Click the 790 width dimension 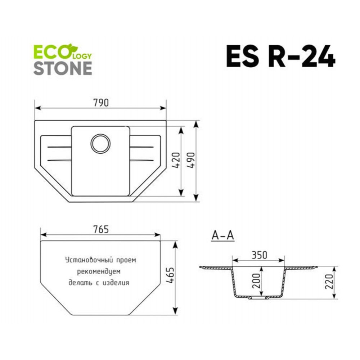[x=101, y=103]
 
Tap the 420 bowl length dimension [x=176, y=160]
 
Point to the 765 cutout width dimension [x=101, y=229]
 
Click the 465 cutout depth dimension [x=170, y=275]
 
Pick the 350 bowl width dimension [x=260, y=255]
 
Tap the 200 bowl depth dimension [x=256, y=281]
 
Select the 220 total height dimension [x=329, y=282]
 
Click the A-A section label [x=223, y=235]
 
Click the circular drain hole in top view [x=100, y=144]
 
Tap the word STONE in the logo [x=63, y=68]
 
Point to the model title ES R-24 [x=280, y=56]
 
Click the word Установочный [x=89, y=260]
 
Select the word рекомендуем [x=99, y=271]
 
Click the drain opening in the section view [x=259, y=298]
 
